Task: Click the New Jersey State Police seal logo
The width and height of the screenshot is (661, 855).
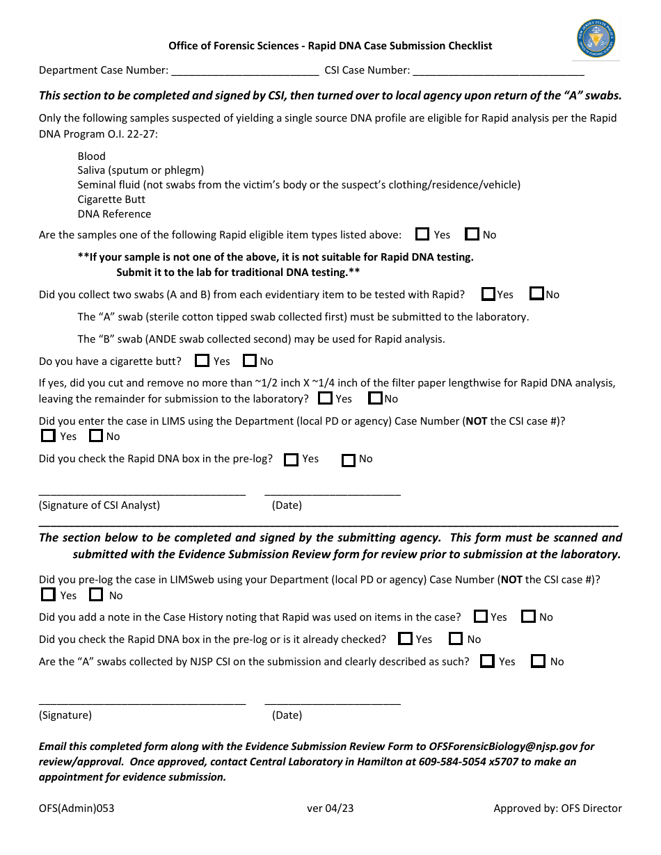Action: pos(596,39)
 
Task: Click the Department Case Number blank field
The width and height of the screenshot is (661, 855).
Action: pos(245,70)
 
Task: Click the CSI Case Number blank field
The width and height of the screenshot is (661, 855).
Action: pos(497,70)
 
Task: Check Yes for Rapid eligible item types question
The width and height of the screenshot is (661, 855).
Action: pos(422,234)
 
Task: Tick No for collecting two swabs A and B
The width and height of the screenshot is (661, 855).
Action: pos(536,294)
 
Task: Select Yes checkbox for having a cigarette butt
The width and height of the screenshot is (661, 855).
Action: pos(202,361)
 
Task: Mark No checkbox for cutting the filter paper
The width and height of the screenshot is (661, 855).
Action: pos(375,398)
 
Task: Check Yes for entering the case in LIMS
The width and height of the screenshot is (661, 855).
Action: pos(48,436)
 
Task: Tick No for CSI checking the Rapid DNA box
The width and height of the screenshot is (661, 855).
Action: pos(349,459)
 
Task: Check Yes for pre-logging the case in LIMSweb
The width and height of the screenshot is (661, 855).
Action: pos(48,595)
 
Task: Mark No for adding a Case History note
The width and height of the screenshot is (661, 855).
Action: pos(529,617)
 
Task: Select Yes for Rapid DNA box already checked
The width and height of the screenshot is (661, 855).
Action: pos(405,639)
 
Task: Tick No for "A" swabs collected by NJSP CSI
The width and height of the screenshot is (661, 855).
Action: pos(538,661)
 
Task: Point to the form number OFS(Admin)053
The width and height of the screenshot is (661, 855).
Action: pos(77,808)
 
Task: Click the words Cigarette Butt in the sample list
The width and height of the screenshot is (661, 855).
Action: pos(111,199)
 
